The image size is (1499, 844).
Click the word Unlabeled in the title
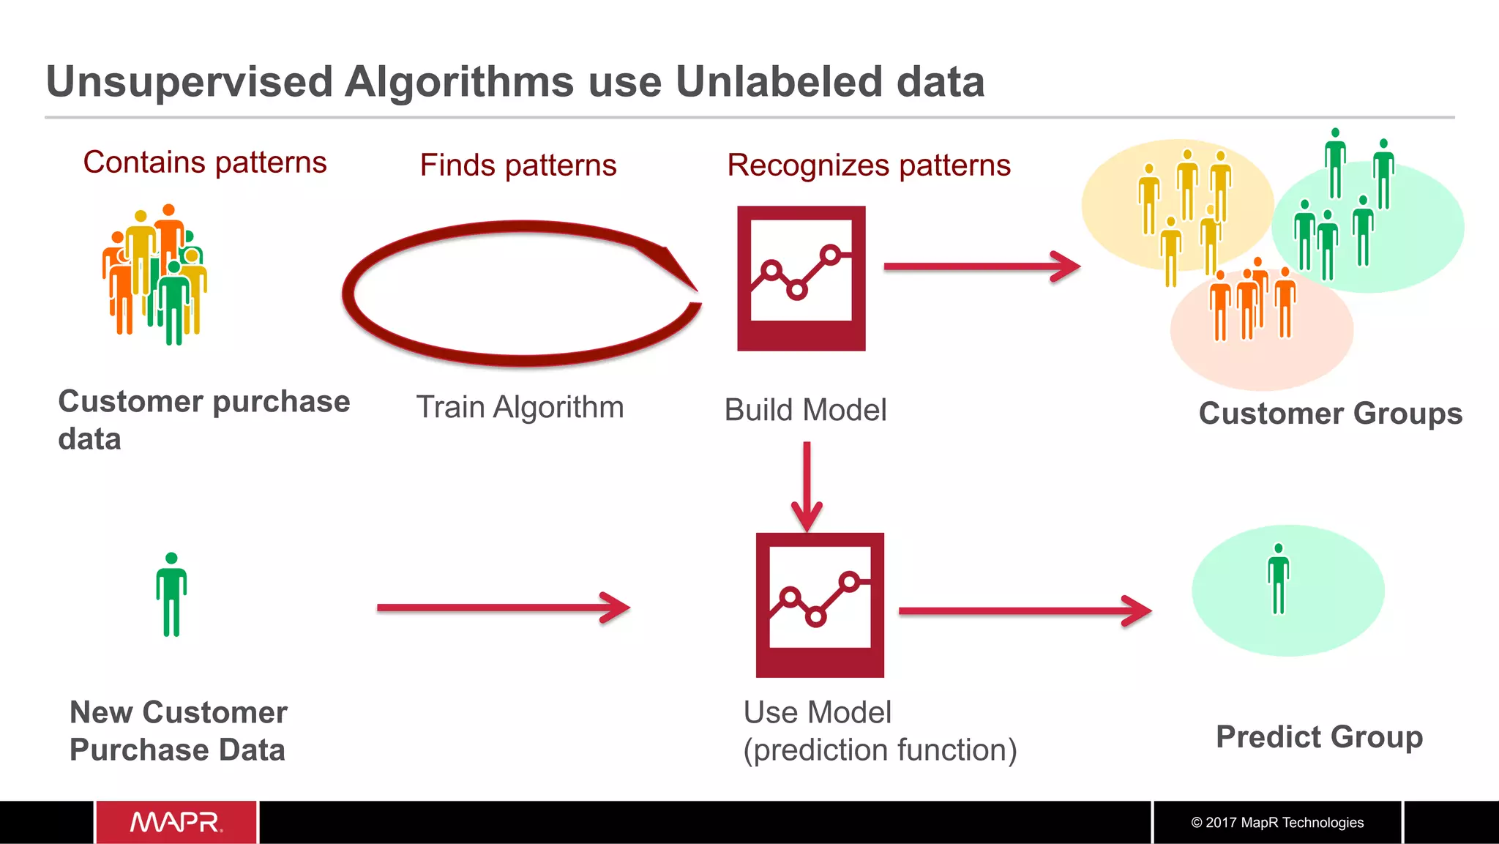pos(778,81)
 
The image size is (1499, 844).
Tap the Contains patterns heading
pos(205,162)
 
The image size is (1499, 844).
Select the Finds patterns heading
pos(518,165)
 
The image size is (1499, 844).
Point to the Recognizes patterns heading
pos(869,165)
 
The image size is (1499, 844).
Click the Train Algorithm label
pos(520,407)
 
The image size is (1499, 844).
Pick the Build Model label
pos(805,410)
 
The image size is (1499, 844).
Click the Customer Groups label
pos(1330,414)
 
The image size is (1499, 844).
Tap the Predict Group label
pos(1319,736)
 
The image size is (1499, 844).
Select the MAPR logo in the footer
pos(176,822)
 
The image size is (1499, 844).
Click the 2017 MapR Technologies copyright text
pos(1277,823)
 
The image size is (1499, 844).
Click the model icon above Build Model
pos(801,278)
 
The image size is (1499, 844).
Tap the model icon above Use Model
pos(820,605)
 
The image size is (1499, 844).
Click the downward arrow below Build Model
pos(807,487)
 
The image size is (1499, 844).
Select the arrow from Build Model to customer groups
pos(981,266)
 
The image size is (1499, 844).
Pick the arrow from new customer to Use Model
pos(504,608)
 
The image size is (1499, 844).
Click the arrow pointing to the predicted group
pos(1025,611)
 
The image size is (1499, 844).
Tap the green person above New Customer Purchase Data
pos(171,594)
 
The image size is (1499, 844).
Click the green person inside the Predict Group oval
pos(1278,579)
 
